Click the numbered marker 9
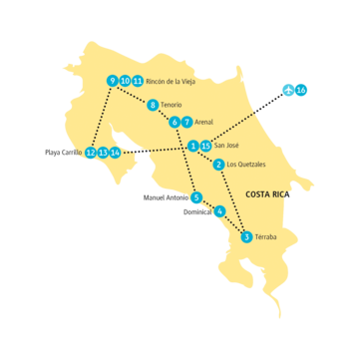(x=112, y=81)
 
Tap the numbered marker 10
(x=125, y=81)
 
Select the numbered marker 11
(x=137, y=81)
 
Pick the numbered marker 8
(x=153, y=105)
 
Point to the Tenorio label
(x=173, y=105)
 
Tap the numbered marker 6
(x=175, y=122)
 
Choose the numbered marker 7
(x=186, y=122)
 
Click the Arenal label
(x=203, y=122)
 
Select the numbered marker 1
(x=193, y=146)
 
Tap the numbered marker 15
(x=205, y=146)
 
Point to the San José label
(x=228, y=146)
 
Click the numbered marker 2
(x=218, y=164)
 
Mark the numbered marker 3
(x=246, y=236)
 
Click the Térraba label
(x=266, y=236)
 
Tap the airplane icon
(x=289, y=90)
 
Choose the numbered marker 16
(x=302, y=90)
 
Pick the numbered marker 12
(x=91, y=153)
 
